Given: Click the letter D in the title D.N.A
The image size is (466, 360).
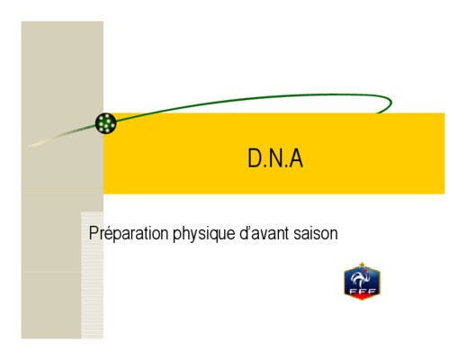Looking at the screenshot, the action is (255, 158).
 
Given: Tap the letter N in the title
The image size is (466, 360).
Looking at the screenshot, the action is (275, 158).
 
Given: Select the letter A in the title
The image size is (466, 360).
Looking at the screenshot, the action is (296, 158).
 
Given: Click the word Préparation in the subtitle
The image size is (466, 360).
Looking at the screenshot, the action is (129, 233).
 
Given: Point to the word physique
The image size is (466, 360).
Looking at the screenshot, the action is (204, 234).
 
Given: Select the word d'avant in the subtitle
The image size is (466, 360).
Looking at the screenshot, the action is (264, 233).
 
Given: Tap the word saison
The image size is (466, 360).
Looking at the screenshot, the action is (316, 233).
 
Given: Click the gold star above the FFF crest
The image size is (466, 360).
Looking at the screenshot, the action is (362, 265).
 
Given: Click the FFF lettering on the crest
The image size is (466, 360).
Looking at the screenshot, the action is (363, 292).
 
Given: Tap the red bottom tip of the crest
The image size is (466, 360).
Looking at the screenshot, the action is (362, 297).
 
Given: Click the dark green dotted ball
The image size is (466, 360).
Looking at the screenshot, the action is (105, 123).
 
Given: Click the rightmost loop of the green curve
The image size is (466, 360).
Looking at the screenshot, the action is (390, 103).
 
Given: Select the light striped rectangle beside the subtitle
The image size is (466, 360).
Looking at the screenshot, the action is (93, 275).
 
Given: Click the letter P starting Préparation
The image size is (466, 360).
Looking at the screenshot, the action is (94, 233).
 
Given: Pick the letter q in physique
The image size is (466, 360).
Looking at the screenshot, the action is (215, 236).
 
